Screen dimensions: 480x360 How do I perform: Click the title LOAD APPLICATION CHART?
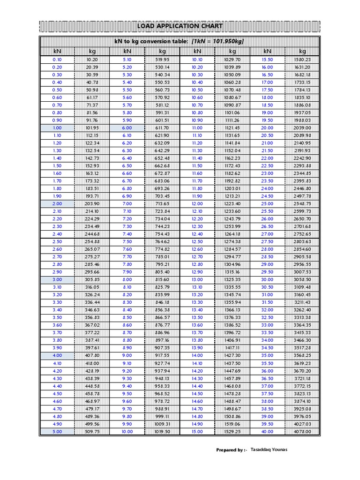pos(180,26)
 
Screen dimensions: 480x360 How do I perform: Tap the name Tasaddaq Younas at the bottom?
pos(269,450)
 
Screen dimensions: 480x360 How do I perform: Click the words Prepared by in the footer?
pos(231,450)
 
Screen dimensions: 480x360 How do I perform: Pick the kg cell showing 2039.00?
pos(302,127)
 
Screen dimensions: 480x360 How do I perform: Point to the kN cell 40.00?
pos(267,432)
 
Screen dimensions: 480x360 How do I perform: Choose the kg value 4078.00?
pos(302,432)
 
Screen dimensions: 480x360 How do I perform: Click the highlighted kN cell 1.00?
pos(57,127)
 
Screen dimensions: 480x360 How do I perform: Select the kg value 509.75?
pos(92,432)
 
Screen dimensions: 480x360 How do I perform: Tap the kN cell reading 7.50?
pos(127,241)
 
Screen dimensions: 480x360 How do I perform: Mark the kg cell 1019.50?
pos(162,432)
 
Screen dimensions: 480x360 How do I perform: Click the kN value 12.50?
pos(197,241)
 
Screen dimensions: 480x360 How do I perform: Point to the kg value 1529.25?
pos(232,432)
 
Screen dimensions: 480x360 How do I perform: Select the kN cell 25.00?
pos(267,203)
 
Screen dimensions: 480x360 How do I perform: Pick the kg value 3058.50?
pos(302,279)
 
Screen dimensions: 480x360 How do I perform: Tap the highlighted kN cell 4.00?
pos(57,356)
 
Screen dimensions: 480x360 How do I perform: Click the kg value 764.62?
pos(162,241)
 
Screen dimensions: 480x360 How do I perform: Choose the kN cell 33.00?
pos(267,325)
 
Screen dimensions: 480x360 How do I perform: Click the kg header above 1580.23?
pos(302,51)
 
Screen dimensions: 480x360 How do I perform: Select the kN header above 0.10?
pos(57,51)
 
